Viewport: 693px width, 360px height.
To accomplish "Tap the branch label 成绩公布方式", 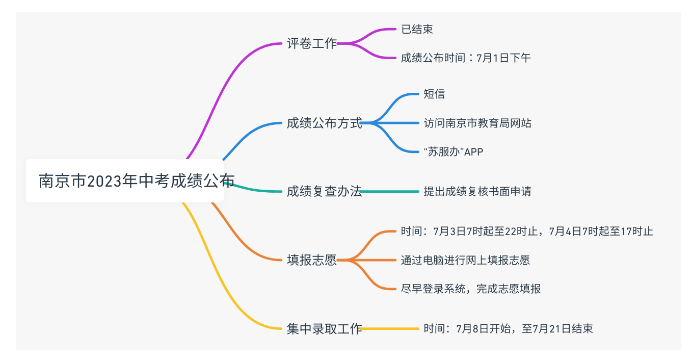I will pyautogui.click(x=324, y=123).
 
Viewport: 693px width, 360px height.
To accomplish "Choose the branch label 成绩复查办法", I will pyautogui.click(x=324, y=192).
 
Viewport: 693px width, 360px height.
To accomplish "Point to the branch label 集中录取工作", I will pyautogui.click(x=324, y=329).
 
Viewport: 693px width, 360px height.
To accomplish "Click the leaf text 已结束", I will pyautogui.click(x=417, y=30).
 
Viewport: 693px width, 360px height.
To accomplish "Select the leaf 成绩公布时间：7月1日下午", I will pyautogui.click(x=466, y=58).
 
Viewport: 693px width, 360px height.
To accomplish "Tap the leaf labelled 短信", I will pyautogui.click(x=434, y=94).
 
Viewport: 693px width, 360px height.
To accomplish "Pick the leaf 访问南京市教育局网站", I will pyautogui.click(x=477, y=123).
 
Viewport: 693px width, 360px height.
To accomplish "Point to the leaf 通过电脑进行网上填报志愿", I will pyautogui.click(x=465, y=260).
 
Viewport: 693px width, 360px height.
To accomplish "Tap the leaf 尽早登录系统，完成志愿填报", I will pyautogui.click(x=471, y=289).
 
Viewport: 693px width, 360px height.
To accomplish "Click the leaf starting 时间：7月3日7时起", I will pyautogui.click(x=527, y=232).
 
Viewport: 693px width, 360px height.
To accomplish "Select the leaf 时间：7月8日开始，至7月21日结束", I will pyautogui.click(x=508, y=329).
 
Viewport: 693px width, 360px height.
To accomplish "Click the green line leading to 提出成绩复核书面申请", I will pyautogui.click(x=390, y=192).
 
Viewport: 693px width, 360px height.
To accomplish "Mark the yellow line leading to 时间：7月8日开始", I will pyautogui.click(x=390, y=329).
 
